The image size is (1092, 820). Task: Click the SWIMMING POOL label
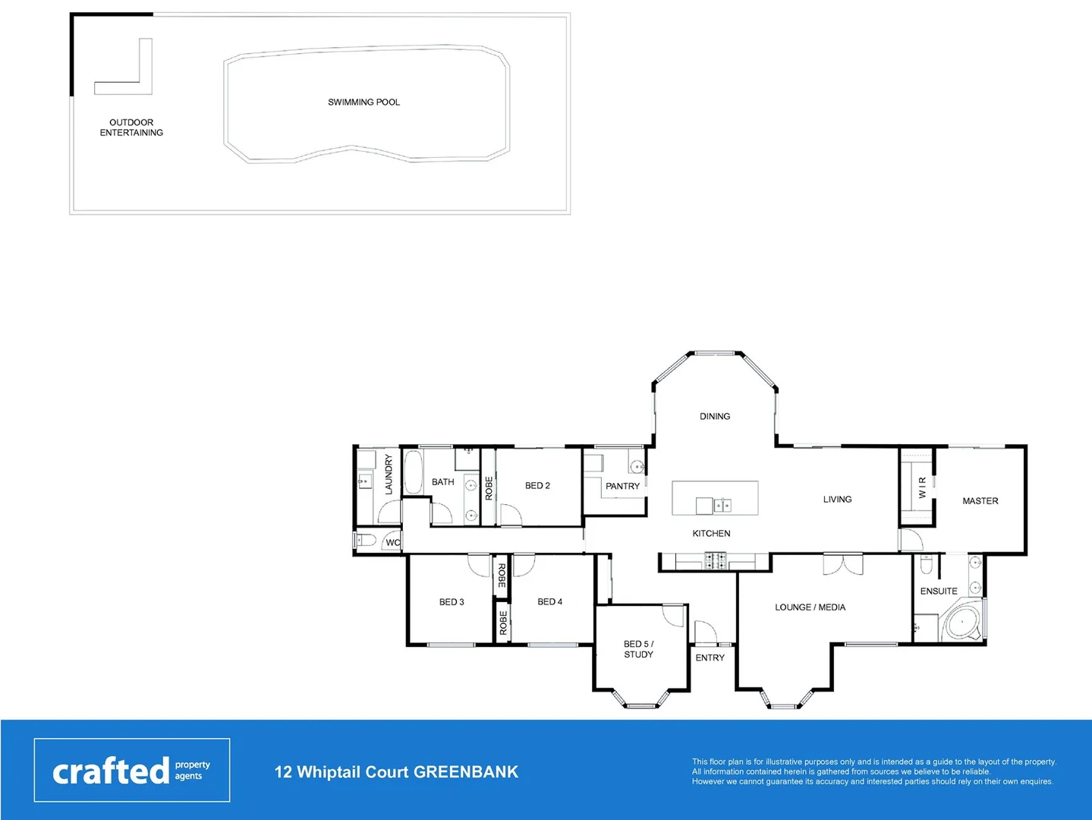363,102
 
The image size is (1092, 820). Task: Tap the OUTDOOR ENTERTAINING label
131,128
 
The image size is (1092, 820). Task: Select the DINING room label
715,416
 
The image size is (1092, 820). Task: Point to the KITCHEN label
711,534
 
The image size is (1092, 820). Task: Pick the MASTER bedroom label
980,501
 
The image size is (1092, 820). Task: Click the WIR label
922,487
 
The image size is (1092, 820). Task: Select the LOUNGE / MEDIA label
810,607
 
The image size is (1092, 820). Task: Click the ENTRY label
710,658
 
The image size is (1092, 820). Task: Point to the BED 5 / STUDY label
638,649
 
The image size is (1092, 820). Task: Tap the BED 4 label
549,602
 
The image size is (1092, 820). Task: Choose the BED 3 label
452,602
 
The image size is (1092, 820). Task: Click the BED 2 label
537,486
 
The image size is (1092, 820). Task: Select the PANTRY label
622,486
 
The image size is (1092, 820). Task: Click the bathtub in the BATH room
414,472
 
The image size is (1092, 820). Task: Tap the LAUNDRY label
389,475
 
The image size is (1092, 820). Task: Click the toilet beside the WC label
365,541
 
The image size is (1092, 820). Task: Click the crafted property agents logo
132,770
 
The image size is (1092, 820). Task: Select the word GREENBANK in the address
466,772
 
